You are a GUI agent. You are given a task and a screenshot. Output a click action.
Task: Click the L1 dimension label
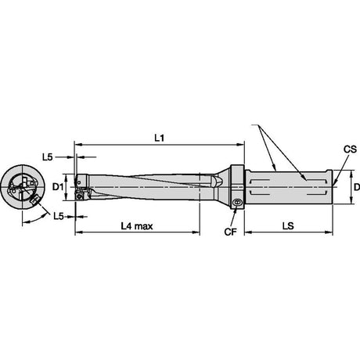[160, 138]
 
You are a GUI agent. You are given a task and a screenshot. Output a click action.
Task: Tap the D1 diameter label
[58, 186]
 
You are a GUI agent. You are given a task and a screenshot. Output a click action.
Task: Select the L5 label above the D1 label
[48, 157]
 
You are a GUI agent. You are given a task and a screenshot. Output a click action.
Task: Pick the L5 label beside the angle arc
[59, 216]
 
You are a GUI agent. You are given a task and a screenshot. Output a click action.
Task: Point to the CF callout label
[230, 232]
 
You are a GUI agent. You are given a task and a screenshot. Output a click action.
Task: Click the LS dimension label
[288, 226]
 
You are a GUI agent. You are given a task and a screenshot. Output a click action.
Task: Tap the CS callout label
[350, 149]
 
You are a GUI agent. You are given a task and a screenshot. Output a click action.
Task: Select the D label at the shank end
[357, 187]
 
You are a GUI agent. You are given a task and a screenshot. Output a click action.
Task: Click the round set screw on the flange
[238, 202]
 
